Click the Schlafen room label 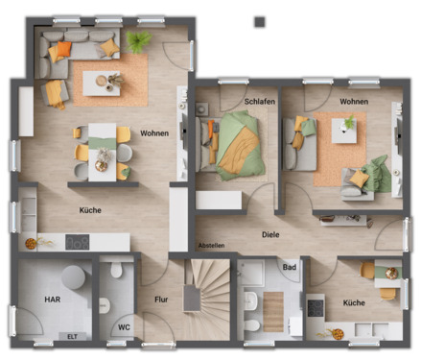click(x=259, y=101)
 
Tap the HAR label click(x=52, y=300)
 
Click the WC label click(x=124, y=327)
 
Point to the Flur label click(x=161, y=300)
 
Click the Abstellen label click(x=212, y=245)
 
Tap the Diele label click(x=272, y=233)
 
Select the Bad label click(x=289, y=267)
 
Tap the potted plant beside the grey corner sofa click(x=141, y=40)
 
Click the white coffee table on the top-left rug click(x=102, y=84)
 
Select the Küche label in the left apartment click(x=90, y=209)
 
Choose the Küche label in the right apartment click(x=354, y=302)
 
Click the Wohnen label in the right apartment click(x=353, y=101)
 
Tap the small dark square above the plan click(x=259, y=21)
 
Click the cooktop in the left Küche click(x=77, y=242)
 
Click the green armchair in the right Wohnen click(x=377, y=175)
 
